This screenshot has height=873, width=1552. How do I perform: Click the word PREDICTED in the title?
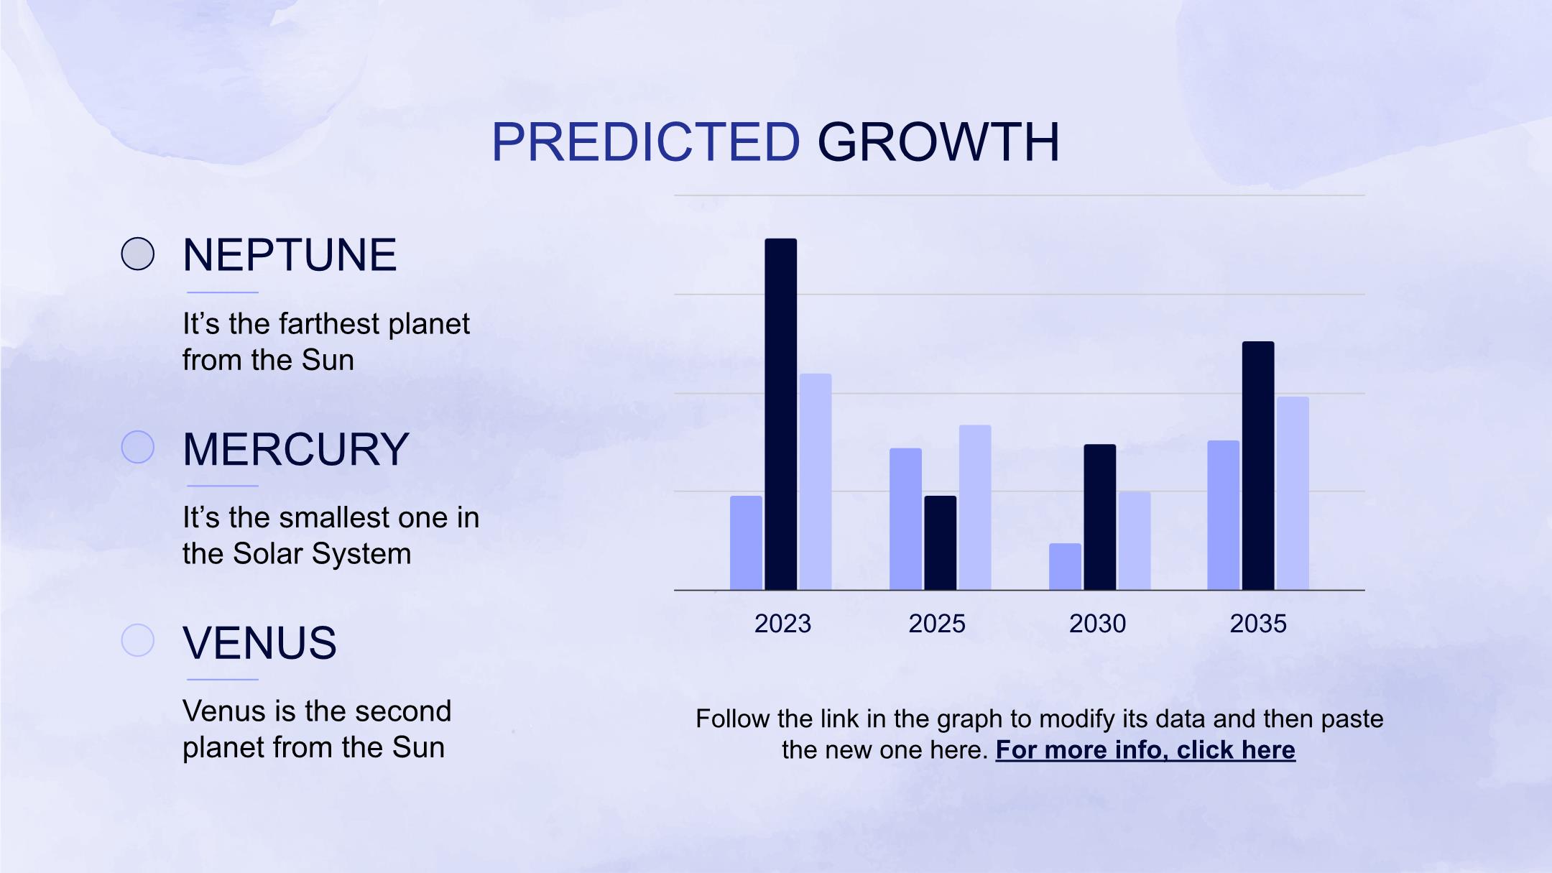(645, 142)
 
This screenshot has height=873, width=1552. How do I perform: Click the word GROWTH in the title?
(938, 142)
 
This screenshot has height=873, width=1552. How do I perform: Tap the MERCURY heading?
(296, 449)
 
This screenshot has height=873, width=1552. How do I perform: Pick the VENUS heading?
(259, 642)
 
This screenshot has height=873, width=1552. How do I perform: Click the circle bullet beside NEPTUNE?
(138, 254)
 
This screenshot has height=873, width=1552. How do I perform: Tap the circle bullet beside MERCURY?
(138, 447)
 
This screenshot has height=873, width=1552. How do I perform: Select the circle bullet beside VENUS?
(138, 640)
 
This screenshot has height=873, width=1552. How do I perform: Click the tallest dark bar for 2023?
(781, 414)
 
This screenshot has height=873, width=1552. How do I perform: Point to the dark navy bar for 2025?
(941, 542)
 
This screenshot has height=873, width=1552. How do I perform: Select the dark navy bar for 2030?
(1100, 517)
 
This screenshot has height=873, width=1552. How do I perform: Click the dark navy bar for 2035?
(1258, 466)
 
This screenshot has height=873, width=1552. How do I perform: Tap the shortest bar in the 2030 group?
(1065, 566)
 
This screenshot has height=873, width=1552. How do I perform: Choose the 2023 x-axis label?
(782, 624)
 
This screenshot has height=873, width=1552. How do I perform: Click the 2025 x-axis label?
(937, 624)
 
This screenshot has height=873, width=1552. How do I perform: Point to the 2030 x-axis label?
(1097, 624)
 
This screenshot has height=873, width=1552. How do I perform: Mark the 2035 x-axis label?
(1258, 624)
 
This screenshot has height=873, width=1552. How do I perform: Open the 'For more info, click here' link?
(1145, 750)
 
